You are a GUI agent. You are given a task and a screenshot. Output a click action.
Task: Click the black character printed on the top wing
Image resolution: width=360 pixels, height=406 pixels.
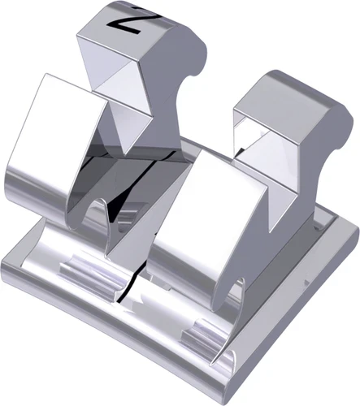click(x=127, y=19)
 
